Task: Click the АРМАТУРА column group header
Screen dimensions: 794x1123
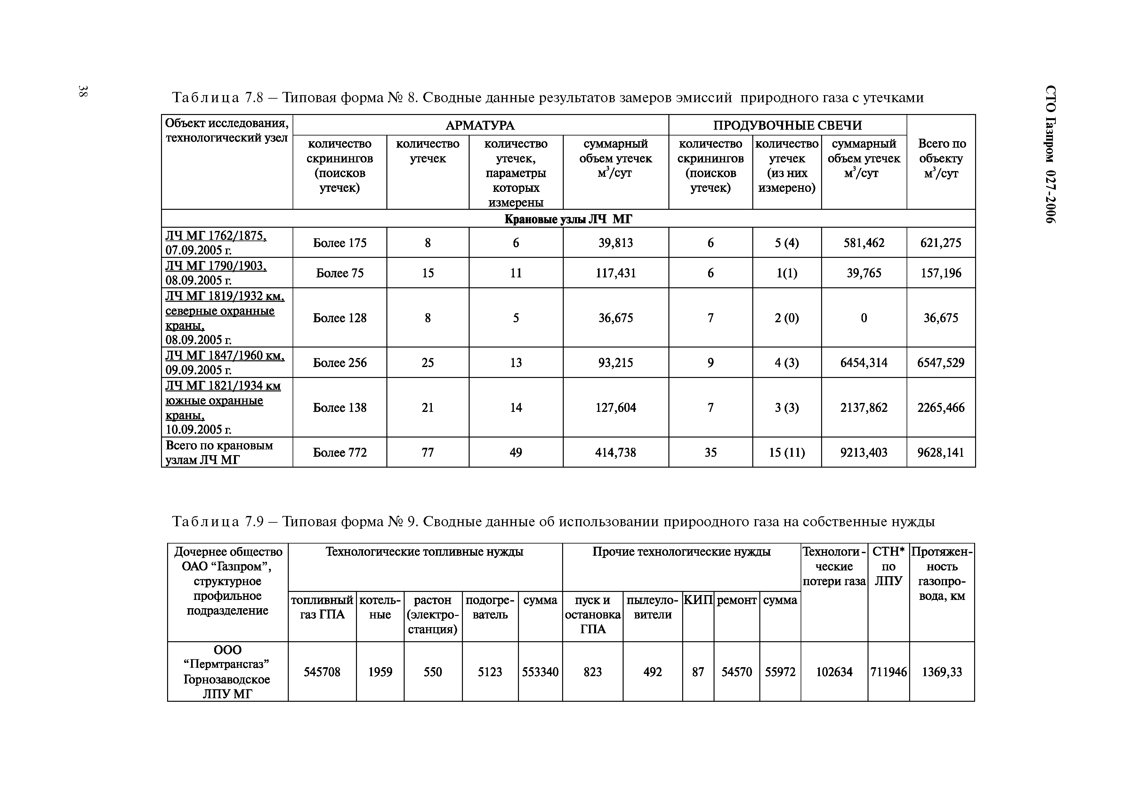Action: [x=480, y=125]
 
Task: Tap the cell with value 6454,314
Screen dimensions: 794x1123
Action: [x=863, y=363]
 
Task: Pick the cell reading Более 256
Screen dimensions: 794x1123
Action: [x=339, y=363]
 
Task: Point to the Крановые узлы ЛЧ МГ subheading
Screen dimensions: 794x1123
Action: [x=568, y=219]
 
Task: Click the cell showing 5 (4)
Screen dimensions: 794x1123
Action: [x=787, y=243]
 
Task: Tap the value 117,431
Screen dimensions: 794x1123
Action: [x=615, y=273]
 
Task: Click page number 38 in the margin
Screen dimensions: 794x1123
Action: [x=83, y=91]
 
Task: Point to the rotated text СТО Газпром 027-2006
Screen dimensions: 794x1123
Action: [x=1050, y=154]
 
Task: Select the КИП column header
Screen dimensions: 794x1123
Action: [x=698, y=600]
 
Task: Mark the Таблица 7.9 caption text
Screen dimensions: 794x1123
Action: [x=553, y=521]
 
